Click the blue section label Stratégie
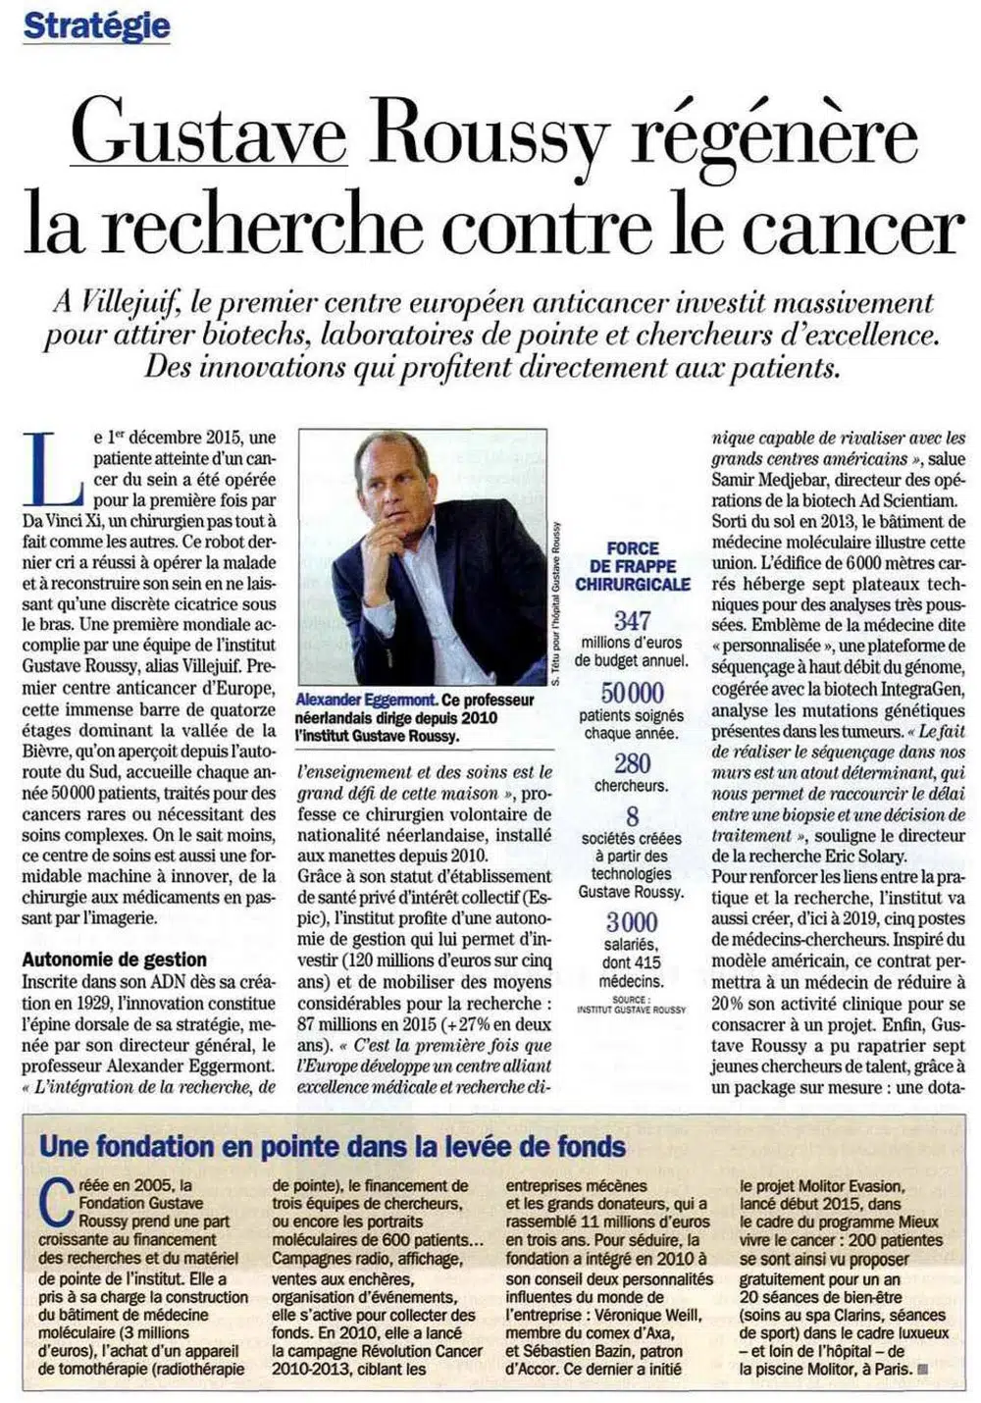tap(96, 26)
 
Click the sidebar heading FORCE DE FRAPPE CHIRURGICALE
tap(633, 566)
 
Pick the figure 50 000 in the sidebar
tap(632, 693)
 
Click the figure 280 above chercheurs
tap(632, 763)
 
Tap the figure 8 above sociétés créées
tap(632, 816)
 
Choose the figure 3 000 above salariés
tap(632, 922)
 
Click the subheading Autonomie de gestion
tap(114, 960)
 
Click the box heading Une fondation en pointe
tap(332, 1145)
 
